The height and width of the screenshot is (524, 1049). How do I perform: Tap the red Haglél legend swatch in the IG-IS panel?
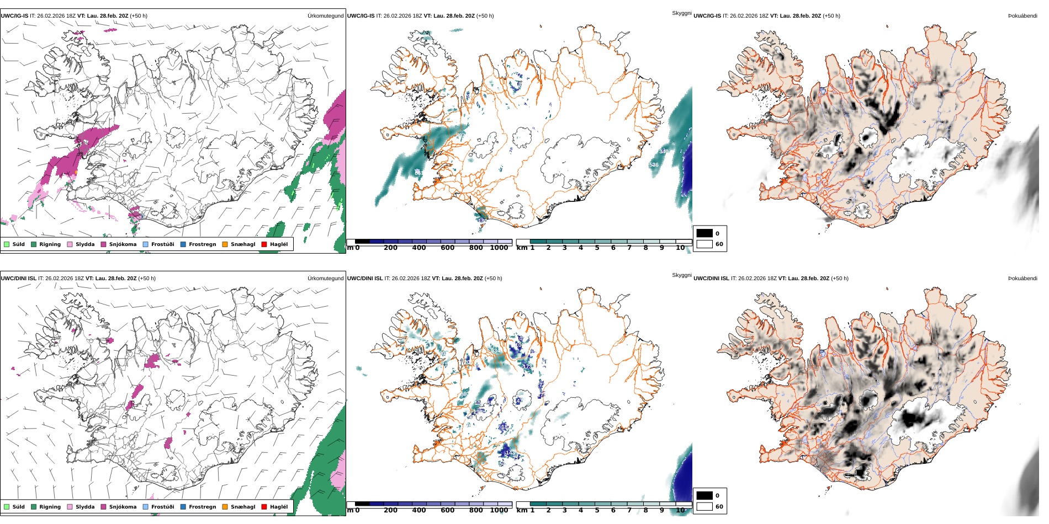[264, 244]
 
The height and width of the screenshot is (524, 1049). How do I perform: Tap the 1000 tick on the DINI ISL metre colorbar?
[499, 510]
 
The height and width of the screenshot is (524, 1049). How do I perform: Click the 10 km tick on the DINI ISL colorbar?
[680, 510]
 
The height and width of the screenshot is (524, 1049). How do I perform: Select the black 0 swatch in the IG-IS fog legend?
[704, 233]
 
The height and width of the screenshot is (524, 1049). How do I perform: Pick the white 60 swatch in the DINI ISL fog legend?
[704, 506]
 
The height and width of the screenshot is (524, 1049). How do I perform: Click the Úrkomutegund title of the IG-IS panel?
[325, 16]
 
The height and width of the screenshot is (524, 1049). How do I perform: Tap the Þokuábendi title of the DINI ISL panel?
[1022, 279]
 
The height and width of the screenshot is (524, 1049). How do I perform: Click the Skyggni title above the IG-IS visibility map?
[681, 13]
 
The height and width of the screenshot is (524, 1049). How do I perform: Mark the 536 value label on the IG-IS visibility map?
[654, 165]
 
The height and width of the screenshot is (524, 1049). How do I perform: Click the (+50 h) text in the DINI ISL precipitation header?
[147, 279]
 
